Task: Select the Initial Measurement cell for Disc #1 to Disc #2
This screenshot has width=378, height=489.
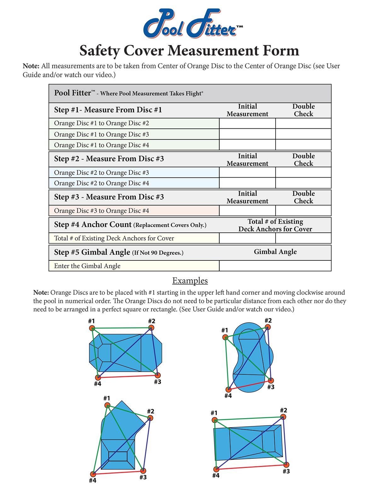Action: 247,123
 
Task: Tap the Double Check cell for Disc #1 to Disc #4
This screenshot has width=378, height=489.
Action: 303,145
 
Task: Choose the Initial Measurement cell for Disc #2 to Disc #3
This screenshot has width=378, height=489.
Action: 247,173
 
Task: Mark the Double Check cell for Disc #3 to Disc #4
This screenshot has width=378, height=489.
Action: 303,211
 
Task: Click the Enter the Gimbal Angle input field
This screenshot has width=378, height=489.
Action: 275,266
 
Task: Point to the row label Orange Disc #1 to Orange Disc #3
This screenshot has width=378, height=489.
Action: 101,134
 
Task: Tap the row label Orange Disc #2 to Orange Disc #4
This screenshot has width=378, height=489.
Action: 101,183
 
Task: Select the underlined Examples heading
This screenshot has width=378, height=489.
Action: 190,281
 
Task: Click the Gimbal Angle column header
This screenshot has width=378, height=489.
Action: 275,252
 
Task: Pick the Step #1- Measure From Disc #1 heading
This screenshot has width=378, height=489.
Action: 108,110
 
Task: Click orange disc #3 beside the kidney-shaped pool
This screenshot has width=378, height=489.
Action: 271,380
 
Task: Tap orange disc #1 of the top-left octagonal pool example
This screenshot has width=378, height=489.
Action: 92,328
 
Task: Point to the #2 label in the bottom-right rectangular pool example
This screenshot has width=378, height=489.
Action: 283,410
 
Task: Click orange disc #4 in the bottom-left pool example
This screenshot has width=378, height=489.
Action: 93,474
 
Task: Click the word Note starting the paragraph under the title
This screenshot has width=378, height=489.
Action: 31,66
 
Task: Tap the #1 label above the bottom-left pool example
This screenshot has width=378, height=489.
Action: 107,398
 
